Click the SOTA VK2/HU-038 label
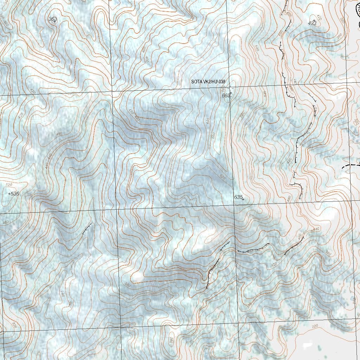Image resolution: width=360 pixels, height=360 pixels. [208, 82]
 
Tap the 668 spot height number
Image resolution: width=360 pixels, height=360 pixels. [226, 95]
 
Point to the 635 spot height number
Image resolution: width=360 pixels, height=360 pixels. [238, 197]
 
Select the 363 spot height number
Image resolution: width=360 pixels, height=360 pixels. [52, 19]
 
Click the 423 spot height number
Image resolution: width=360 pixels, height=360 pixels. [312, 23]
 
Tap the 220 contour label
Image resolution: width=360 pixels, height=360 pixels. [315, 327]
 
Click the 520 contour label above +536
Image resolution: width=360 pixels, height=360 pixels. [9, 185]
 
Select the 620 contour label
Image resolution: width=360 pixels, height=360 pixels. [222, 177]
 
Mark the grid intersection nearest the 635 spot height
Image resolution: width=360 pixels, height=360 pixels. [234, 205]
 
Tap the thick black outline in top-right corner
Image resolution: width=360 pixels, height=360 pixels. [358, 14]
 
